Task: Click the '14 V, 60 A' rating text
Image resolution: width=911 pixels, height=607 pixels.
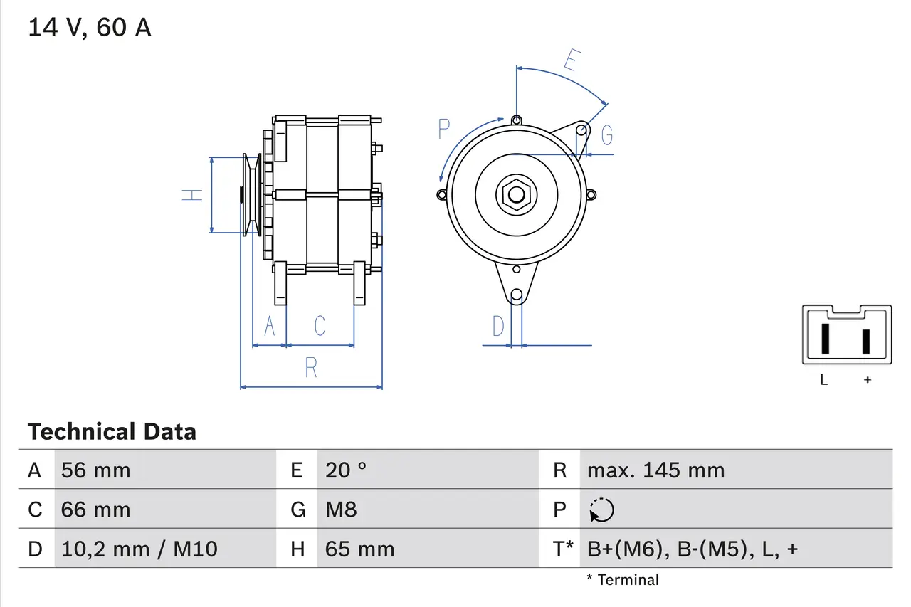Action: click(90, 27)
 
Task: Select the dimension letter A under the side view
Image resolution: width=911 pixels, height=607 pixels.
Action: click(270, 326)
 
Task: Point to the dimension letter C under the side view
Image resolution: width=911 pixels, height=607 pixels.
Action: click(320, 326)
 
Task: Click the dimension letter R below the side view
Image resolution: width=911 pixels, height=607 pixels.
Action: click(311, 368)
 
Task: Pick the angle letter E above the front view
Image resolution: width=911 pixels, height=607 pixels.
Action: click(569, 61)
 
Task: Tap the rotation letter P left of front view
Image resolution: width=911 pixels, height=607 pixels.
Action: click(444, 130)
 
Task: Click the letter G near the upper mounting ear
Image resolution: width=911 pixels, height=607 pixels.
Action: click(606, 134)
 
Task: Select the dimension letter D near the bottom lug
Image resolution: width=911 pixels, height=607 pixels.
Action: click(498, 326)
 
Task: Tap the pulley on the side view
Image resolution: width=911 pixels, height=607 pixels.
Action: click(251, 195)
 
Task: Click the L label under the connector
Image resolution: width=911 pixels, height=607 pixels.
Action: click(824, 380)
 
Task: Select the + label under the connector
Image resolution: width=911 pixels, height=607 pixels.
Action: click(867, 380)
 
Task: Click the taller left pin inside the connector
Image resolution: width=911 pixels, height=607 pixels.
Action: click(825, 339)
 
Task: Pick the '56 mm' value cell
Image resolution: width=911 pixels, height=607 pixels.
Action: click(96, 470)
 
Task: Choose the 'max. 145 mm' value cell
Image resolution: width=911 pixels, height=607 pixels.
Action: click(655, 470)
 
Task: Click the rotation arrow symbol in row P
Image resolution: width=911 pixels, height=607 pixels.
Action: click(601, 510)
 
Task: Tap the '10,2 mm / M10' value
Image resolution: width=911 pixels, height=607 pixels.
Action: click(139, 549)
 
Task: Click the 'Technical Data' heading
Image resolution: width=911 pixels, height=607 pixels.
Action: click(112, 431)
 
